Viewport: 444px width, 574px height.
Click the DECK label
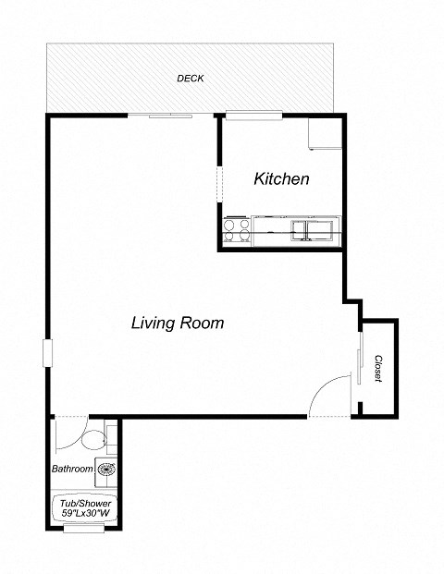[x=190, y=79]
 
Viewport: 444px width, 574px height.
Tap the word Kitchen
[x=281, y=179]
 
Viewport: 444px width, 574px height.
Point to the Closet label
[x=378, y=369]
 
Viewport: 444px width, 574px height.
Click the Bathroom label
[x=72, y=470]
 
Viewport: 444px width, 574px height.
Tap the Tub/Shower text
[x=84, y=503]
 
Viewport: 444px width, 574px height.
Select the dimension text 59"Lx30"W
[x=84, y=513]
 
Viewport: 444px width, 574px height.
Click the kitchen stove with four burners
[x=237, y=228]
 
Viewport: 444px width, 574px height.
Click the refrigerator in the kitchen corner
[x=325, y=133]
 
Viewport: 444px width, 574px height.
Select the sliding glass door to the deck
[x=160, y=115]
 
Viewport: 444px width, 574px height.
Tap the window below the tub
[x=83, y=530]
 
